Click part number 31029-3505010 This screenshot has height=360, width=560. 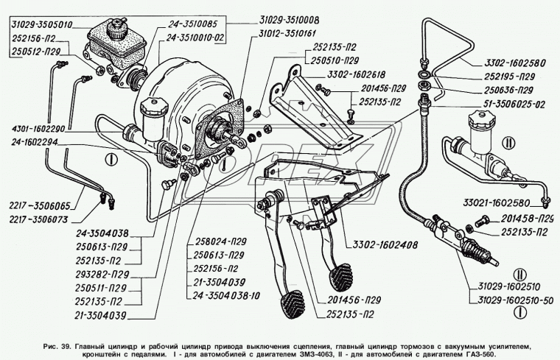pyautogui.click(x=42, y=25)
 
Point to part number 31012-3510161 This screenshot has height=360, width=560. pyautogui.click(x=288, y=34)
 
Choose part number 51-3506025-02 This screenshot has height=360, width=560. pyautogui.click(x=514, y=105)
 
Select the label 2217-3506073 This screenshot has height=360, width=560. pyautogui.click(x=39, y=219)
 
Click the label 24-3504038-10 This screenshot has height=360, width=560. pyautogui.click(x=226, y=296)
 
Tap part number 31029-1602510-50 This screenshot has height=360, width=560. pyautogui.click(x=516, y=301)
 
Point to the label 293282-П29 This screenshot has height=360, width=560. pyautogui.click(x=102, y=275)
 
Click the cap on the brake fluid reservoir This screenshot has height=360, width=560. pyautogui.click(x=117, y=28)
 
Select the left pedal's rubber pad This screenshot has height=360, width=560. pyautogui.click(x=290, y=303)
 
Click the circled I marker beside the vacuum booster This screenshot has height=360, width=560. pyautogui.click(x=112, y=159)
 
